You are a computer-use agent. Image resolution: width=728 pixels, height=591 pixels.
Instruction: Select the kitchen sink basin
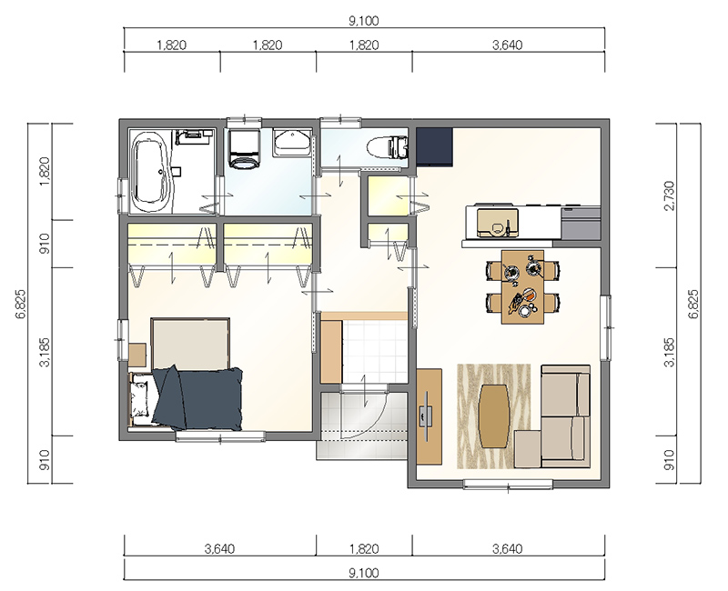[x=497, y=223]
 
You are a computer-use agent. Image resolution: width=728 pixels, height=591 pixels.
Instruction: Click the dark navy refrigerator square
[x=434, y=146]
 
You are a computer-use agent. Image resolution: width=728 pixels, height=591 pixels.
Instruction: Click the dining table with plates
[x=522, y=286]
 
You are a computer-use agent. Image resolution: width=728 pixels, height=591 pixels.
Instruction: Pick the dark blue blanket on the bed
[x=198, y=398]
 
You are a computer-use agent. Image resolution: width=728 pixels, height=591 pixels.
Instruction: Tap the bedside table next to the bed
[x=137, y=356]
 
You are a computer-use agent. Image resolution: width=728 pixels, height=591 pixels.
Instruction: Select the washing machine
[x=243, y=148]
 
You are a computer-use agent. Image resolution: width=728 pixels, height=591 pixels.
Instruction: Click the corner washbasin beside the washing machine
[x=292, y=143]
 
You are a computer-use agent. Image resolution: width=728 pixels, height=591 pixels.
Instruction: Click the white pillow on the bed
[x=140, y=398]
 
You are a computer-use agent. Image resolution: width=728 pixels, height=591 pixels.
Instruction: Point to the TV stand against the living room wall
[x=429, y=416]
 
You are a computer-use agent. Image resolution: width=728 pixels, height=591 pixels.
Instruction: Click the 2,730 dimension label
[x=669, y=195]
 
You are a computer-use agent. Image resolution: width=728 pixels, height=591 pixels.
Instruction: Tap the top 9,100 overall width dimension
[x=364, y=21]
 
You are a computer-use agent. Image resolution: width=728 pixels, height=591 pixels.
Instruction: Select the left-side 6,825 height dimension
[x=21, y=305]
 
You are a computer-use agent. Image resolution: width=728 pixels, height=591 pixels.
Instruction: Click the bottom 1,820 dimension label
[x=364, y=549]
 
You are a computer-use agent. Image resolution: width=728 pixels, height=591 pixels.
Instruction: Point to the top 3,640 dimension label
[x=508, y=45]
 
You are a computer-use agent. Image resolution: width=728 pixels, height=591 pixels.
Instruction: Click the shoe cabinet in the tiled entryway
[x=331, y=351]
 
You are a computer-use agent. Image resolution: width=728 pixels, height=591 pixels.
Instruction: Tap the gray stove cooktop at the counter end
[x=581, y=224]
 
